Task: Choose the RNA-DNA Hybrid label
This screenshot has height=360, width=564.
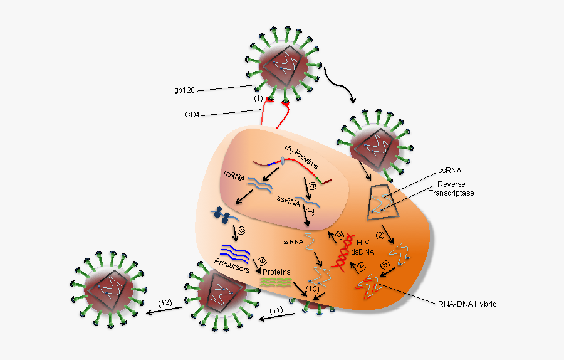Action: click(467, 304)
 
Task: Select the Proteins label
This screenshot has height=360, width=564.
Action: click(276, 272)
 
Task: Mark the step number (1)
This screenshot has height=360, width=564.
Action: click(258, 99)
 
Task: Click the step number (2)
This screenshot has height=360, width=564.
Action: click(380, 235)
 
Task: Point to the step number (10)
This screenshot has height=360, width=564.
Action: click(313, 289)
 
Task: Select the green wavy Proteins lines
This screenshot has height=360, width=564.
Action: click(276, 283)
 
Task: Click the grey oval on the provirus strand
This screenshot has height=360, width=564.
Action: click(282, 161)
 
